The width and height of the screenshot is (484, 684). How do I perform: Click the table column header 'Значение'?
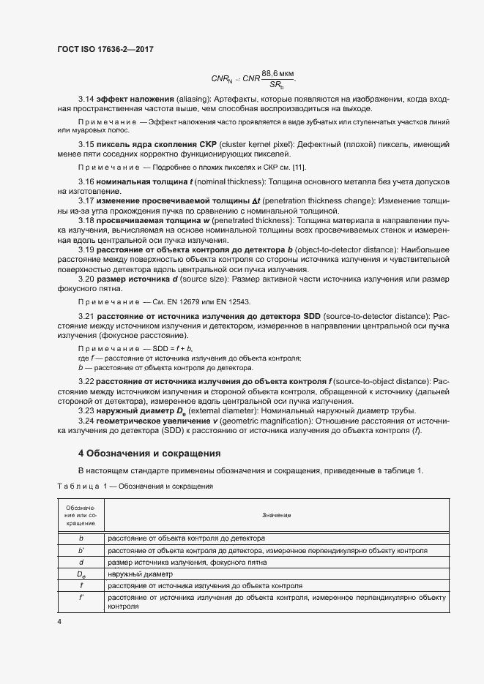tap(277, 515)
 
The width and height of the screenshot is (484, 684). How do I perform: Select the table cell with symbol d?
tap(81, 562)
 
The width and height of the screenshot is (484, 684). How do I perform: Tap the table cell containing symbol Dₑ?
tap(81, 574)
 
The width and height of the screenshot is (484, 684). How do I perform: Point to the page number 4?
tap(59, 621)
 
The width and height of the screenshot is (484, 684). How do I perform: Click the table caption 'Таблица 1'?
tap(78, 486)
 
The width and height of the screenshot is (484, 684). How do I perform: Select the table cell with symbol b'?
tap(81, 550)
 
